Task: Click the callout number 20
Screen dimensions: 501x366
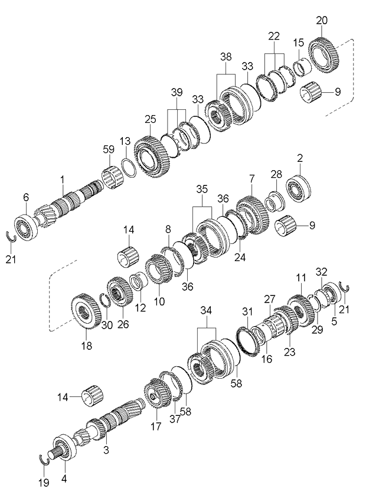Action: pos(321,20)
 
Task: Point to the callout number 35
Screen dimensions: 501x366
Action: pos(202,189)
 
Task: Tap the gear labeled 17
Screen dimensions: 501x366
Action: pos(156,393)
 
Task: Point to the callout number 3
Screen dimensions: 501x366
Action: pos(106,450)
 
